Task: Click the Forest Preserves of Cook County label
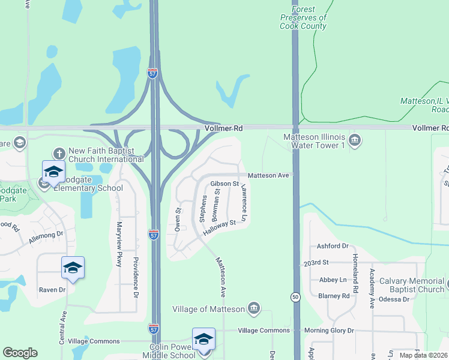coord(303,18)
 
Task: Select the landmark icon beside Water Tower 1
coord(355,140)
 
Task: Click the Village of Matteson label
coord(208,309)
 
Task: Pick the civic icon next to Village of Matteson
coord(253,308)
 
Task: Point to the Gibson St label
coord(224,183)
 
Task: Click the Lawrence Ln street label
coord(244,202)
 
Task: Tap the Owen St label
coord(178,219)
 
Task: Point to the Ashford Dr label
coord(333,246)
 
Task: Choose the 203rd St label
coord(317,263)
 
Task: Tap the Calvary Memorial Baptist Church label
coord(408,285)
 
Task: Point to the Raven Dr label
coord(52,290)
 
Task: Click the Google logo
coord(20,353)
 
